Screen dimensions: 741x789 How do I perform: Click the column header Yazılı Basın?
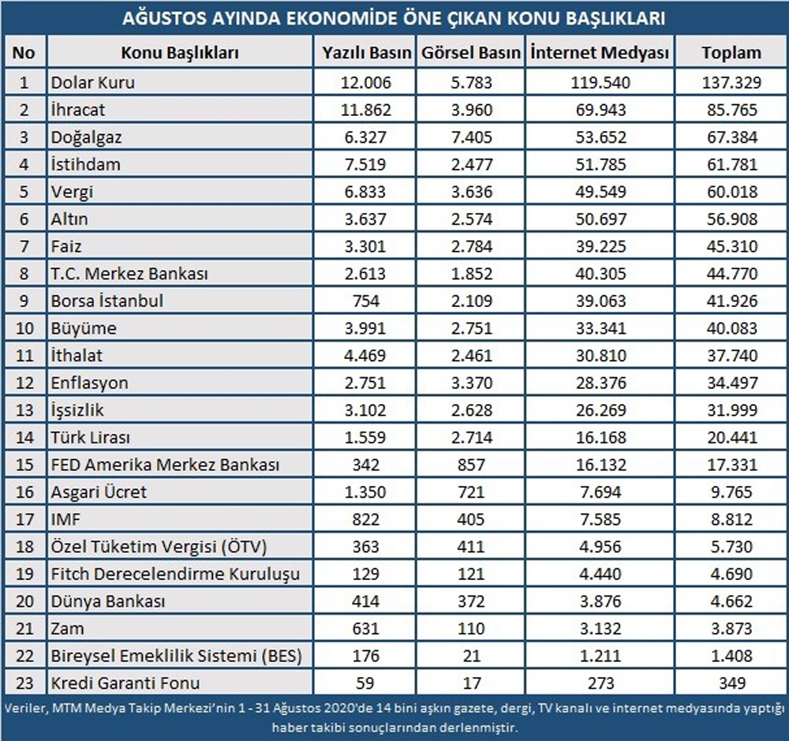pos(367,53)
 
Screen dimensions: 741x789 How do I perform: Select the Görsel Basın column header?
pos(471,53)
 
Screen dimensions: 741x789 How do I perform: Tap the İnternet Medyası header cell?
pos(600,53)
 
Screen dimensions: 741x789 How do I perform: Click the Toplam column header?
pos(731,53)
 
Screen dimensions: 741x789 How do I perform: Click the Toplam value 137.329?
pos(731,81)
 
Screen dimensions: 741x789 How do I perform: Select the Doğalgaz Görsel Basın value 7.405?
pos(471,137)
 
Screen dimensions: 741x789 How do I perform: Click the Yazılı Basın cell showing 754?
pos(367,301)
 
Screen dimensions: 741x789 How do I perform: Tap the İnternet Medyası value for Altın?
pos(600,219)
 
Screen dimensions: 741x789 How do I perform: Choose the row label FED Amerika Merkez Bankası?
pos(165,465)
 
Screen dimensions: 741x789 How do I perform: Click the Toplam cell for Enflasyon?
pos(731,383)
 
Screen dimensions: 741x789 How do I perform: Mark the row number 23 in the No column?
pos(24,683)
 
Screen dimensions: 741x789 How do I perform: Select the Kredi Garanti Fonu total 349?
pos(731,683)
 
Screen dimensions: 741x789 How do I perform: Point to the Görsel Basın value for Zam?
pos(471,629)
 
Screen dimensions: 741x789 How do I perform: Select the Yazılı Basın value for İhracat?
pos(367,109)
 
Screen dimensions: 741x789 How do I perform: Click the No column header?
pos(24,53)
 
